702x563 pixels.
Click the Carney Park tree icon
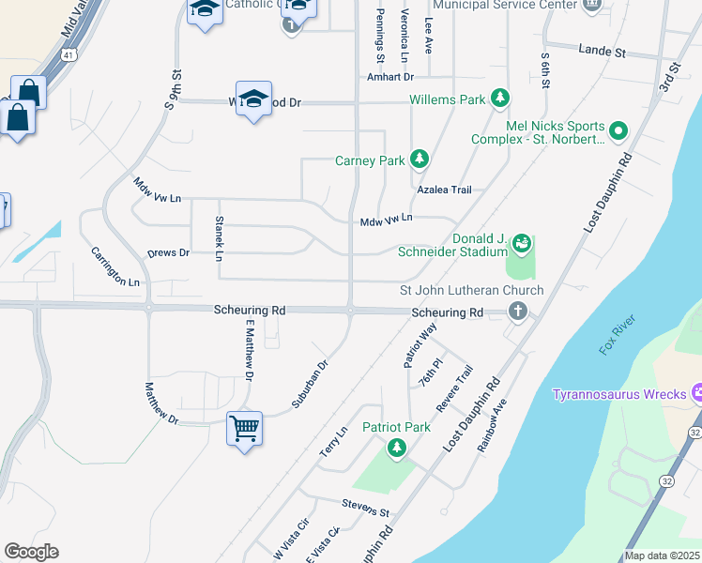[420, 160]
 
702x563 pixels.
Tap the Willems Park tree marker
[500, 99]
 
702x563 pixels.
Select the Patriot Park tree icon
[398, 449]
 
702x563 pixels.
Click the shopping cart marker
[244, 429]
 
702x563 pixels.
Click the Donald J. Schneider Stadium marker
[522, 245]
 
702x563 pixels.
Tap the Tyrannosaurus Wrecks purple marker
[696, 393]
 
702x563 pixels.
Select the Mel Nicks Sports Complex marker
[618, 130]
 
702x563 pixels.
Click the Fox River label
[618, 336]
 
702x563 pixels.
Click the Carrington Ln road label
[115, 266]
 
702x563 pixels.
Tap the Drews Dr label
[169, 253]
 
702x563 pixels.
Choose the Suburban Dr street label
[310, 384]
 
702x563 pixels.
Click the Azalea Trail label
[444, 190]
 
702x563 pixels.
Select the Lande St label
[602, 51]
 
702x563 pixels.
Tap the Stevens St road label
[365, 510]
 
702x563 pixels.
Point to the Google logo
[31, 552]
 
